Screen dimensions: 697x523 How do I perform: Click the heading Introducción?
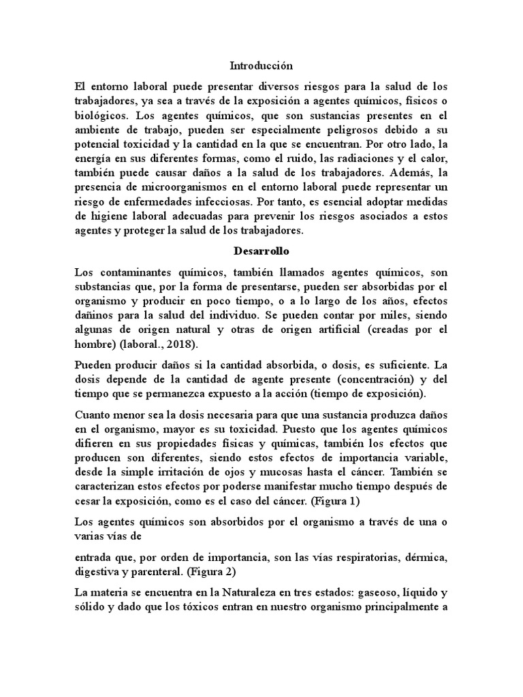[261, 66]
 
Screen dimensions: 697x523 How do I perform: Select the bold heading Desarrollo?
[261, 250]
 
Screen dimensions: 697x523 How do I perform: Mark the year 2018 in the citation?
[178, 345]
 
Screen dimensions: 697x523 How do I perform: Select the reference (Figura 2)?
[231, 571]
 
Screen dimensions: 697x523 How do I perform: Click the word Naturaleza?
[268, 591]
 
